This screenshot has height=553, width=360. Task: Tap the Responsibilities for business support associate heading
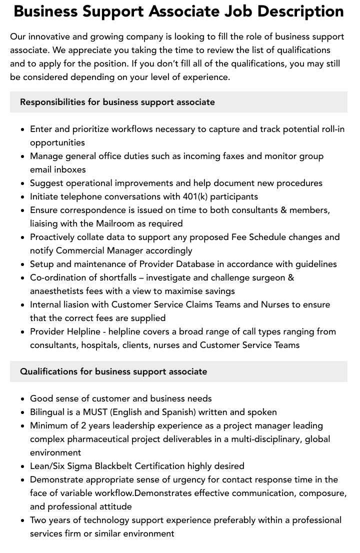(117, 102)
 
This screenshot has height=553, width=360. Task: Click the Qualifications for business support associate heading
(113, 371)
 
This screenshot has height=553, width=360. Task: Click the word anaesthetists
(56, 291)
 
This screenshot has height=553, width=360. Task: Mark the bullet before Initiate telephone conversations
(23, 196)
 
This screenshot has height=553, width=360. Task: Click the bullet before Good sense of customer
(23, 398)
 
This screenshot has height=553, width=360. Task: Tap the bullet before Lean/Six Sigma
(23, 466)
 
